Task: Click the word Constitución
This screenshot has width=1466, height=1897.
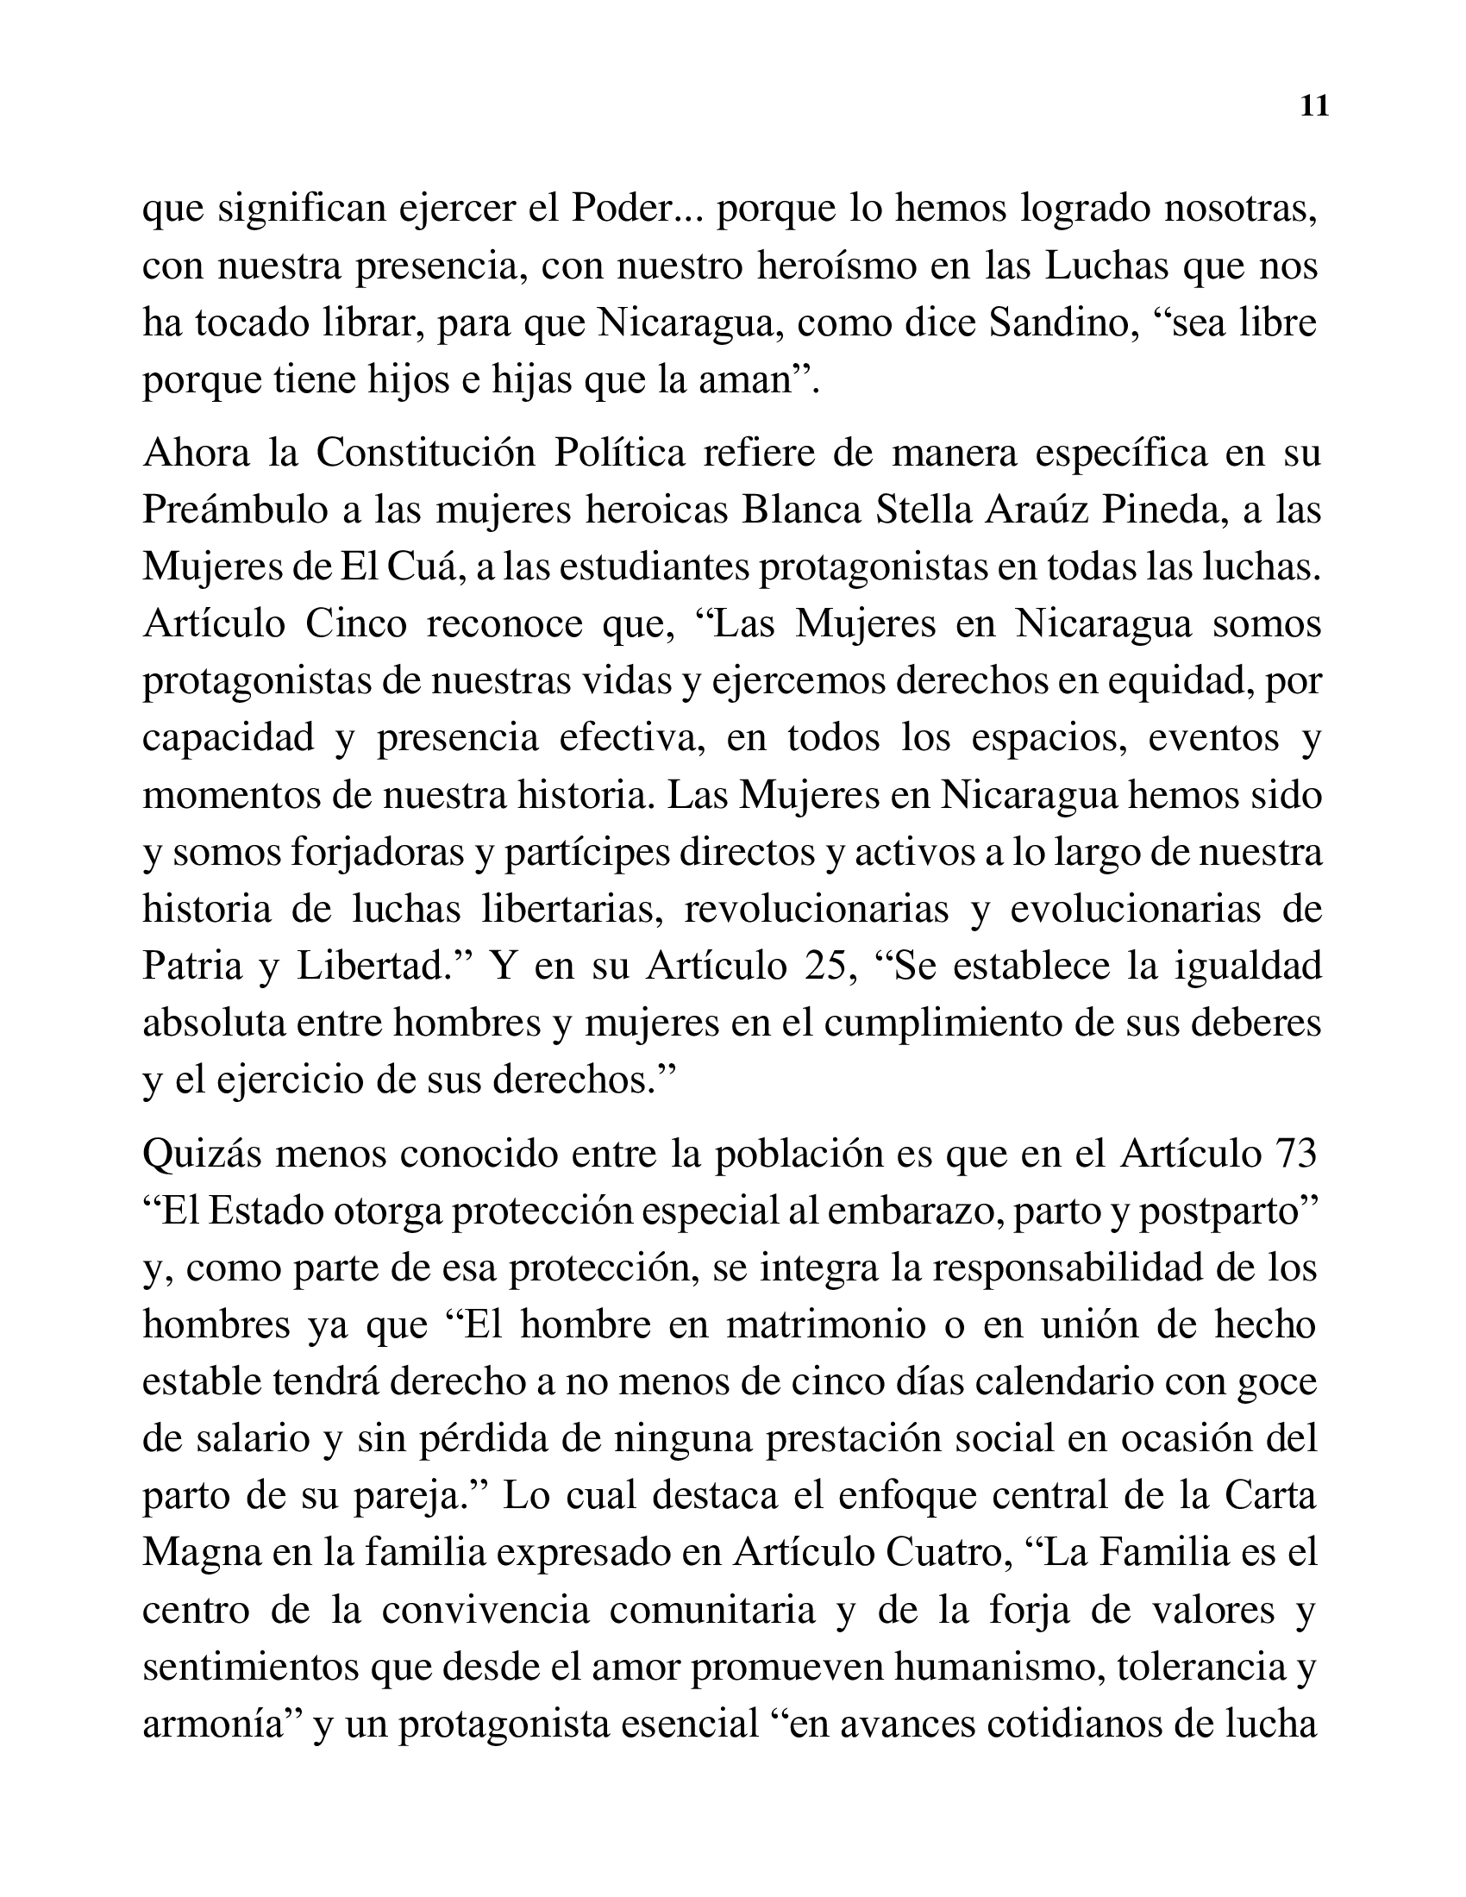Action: [425, 454]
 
